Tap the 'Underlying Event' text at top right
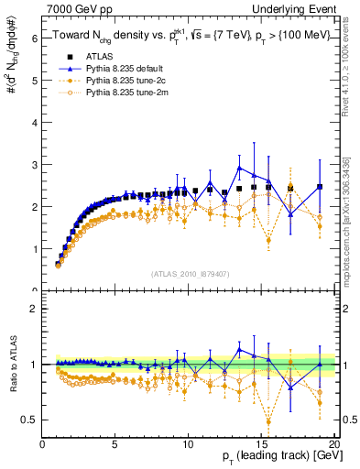298,8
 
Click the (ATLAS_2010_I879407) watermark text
190,273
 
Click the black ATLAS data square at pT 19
320,187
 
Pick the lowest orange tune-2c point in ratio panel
268,422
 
